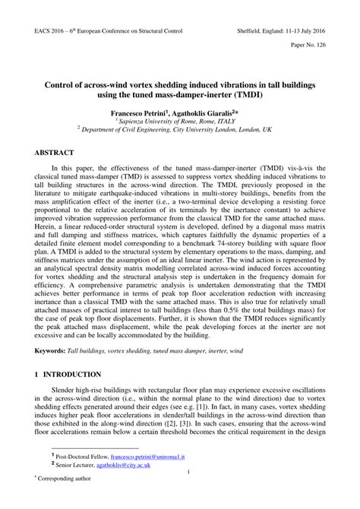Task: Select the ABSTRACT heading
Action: pyautogui.click(x=54, y=153)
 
